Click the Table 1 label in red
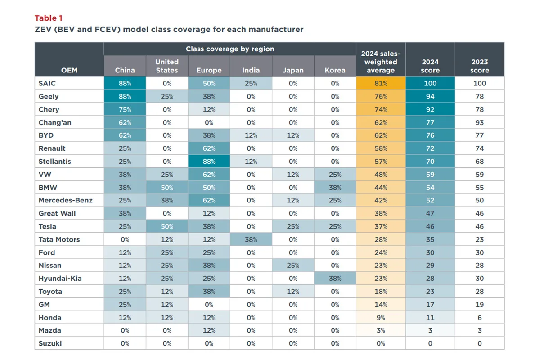pyautogui.click(x=49, y=18)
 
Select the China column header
pyautogui.click(x=125, y=70)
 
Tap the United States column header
pyautogui.click(x=167, y=66)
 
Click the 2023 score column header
pyautogui.click(x=479, y=66)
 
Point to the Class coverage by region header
pyautogui.click(x=230, y=49)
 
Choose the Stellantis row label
pyautogui.click(x=55, y=161)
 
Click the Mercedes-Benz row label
pyautogui.click(x=66, y=200)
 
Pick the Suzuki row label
pyautogui.click(x=50, y=343)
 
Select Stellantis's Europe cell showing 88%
pyautogui.click(x=209, y=162)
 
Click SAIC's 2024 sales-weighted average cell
pyautogui.click(x=381, y=83)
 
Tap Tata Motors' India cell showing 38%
pyautogui.click(x=251, y=239)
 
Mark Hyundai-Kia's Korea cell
pyautogui.click(x=335, y=279)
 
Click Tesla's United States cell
pyautogui.click(x=167, y=226)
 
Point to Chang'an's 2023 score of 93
pyautogui.click(x=479, y=122)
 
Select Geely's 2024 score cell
pyautogui.click(x=430, y=96)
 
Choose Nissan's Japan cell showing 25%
pyautogui.click(x=293, y=265)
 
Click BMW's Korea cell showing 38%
pyautogui.click(x=335, y=188)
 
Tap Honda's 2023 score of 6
pyautogui.click(x=479, y=317)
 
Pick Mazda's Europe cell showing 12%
pyautogui.click(x=209, y=330)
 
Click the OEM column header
pyautogui.click(x=69, y=70)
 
